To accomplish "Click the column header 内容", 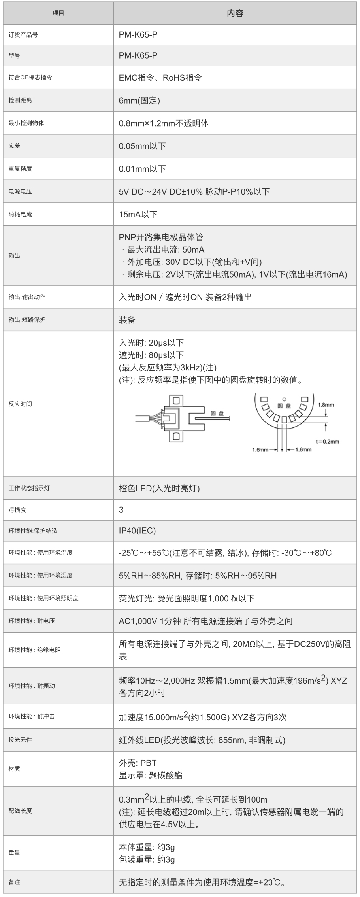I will point(235,13).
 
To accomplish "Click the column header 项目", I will point(58,13).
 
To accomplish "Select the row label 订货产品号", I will point(23,35).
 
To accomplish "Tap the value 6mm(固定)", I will point(139,100).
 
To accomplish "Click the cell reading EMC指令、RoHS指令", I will point(160,78).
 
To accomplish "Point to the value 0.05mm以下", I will point(142,146).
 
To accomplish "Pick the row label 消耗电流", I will point(20,214).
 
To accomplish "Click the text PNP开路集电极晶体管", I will point(161,237).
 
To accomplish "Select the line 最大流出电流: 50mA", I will point(166,250).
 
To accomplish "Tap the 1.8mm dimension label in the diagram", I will point(326,405).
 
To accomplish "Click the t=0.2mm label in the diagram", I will point(327,442).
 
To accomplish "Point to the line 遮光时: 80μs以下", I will point(151,355).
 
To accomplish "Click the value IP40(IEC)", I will point(137,531).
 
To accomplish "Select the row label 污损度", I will point(17,510).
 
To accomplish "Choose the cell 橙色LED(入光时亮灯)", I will point(159,488).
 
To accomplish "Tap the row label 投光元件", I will point(20,740).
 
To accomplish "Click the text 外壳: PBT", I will point(138,763).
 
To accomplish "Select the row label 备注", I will point(14,882).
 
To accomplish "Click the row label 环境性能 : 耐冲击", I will point(32,716).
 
